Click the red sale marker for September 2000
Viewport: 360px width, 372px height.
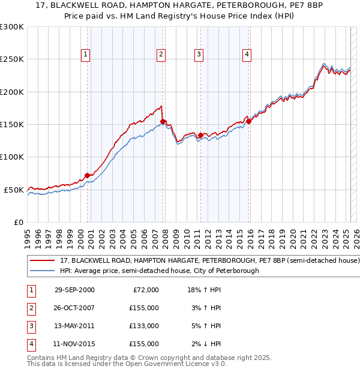88,175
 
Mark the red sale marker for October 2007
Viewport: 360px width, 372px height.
163,121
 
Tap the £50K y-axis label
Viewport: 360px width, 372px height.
14,190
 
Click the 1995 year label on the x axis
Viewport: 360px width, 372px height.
28,236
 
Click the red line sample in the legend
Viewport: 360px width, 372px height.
42,262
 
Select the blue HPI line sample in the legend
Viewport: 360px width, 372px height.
42,271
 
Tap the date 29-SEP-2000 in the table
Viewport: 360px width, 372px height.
74,290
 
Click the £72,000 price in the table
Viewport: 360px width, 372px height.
146,290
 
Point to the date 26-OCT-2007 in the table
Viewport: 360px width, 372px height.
74,308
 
